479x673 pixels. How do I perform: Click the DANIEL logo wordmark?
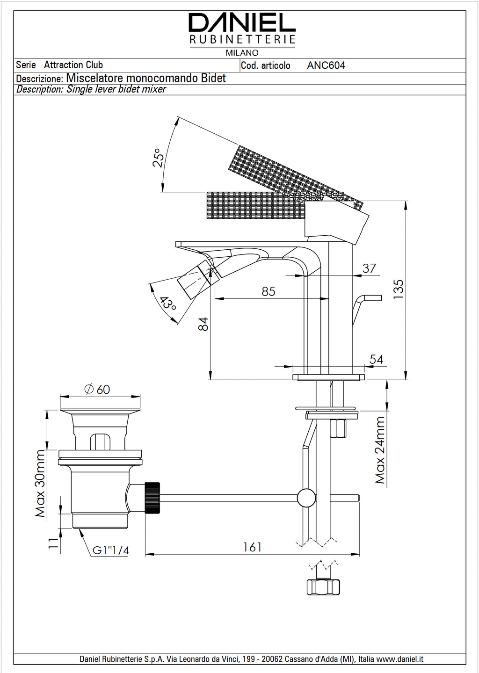(x=242, y=22)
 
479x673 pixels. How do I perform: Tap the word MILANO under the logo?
(x=242, y=53)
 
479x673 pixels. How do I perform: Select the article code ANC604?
(x=326, y=65)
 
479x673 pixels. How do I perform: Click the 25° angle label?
(x=159, y=158)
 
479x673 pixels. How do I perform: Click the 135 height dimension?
(x=398, y=289)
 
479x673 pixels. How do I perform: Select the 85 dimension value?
(x=269, y=291)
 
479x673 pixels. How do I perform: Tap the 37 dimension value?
(x=369, y=268)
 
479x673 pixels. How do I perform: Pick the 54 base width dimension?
(x=376, y=359)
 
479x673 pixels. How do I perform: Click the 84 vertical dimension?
(x=203, y=324)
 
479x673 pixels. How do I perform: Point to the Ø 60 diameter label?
(x=97, y=389)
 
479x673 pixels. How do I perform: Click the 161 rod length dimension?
(x=252, y=547)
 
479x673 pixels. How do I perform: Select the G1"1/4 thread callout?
(x=110, y=550)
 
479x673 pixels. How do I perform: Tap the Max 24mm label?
(x=380, y=450)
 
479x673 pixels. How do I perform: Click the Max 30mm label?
(x=41, y=484)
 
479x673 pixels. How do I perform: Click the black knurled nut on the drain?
(x=152, y=498)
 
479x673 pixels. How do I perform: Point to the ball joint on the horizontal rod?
(x=306, y=498)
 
